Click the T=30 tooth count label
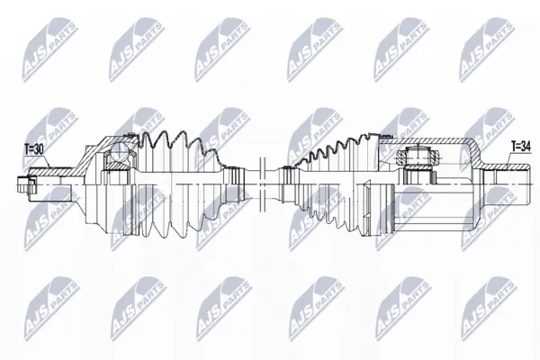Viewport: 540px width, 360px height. [x=34, y=149]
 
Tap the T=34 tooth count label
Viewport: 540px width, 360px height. [x=521, y=147]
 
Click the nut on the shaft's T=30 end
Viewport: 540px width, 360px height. [x=26, y=185]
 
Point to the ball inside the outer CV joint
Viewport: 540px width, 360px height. [x=119, y=152]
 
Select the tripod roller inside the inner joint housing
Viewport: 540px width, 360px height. [x=418, y=156]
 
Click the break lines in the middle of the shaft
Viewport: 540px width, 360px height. [x=263, y=185]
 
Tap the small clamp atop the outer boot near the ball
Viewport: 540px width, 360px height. [x=130, y=134]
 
